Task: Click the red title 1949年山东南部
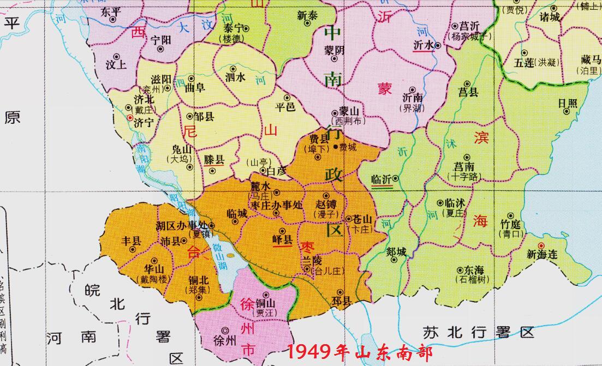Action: click(x=360, y=352)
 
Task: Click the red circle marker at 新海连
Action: click(x=541, y=245)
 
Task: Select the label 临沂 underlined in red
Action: click(x=380, y=178)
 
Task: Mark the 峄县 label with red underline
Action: click(x=282, y=239)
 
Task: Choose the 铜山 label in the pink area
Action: click(x=266, y=304)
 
